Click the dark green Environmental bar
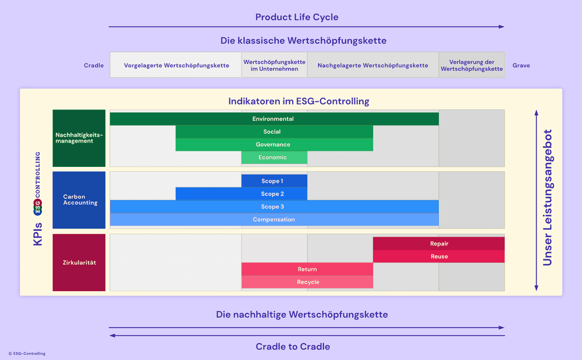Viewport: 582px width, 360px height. point(274,119)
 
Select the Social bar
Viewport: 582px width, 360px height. point(274,132)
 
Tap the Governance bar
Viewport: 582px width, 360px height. point(274,145)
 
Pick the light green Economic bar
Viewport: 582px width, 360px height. point(274,158)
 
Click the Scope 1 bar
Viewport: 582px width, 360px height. point(274,181)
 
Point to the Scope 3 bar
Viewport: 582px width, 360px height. point(274,206)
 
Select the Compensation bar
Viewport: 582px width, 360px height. point(274,219)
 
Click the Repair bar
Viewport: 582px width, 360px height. point(439,244)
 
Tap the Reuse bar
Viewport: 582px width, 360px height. point(439,256)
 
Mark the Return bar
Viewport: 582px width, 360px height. point(307,269)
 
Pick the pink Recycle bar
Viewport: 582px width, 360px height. point(307,282)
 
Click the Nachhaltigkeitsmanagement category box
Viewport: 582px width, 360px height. point(79,138)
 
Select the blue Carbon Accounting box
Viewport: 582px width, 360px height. point(79,200)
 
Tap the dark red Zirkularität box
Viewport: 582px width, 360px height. point(79,262)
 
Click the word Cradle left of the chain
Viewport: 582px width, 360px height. point(94,66)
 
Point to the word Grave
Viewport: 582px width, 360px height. point(521,66)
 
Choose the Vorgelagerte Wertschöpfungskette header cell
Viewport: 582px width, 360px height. point(176,65)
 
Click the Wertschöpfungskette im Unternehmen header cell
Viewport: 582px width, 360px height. point(274,65)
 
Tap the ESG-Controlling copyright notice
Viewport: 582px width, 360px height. point(27,354)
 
